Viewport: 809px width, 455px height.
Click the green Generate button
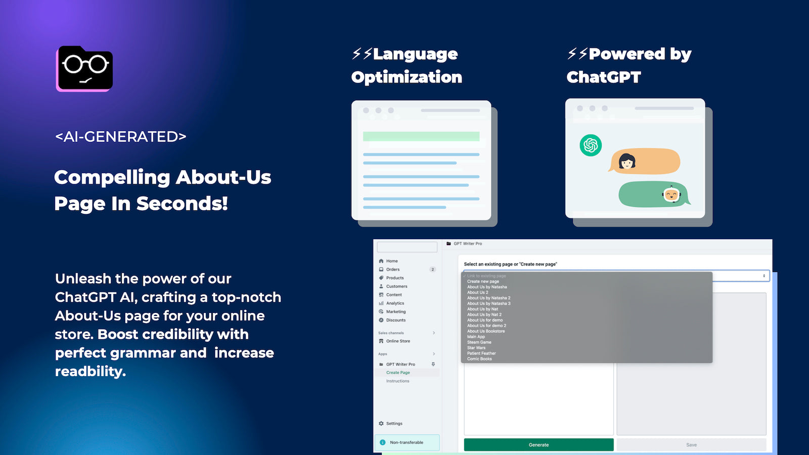(x=538, y=445)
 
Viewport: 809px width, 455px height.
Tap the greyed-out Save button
(x=691, y=445)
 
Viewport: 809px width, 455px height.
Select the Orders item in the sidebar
(x=393, y=269)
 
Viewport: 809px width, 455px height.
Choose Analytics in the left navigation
(x=395, y=303)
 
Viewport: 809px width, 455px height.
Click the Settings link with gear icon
(x=394, y=424)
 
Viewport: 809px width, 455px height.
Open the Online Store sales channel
(x=398, y=341)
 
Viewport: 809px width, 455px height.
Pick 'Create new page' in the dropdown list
(x=483, y=282)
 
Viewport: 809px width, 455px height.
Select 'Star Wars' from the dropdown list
(x=476, y=348)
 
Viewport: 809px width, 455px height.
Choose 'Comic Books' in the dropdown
(x=479, y=359)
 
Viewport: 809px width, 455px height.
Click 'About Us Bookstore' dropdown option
(x=486, y=331)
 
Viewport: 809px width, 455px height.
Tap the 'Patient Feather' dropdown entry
(x=481, y=353)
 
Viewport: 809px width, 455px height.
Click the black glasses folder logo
(x=84, y=69)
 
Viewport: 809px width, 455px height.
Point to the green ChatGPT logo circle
(x=591, y=146)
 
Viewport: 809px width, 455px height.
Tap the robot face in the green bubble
(x=671, y=194)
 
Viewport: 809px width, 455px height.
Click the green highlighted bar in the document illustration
(x=421, y=136)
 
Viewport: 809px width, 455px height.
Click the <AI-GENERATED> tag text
(x=121, y=136)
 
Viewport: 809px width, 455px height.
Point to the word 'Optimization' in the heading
(x=407, y=77)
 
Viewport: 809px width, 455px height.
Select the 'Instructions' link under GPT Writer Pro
(x=397, y=381)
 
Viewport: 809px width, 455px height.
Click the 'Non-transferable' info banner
(x=407, y=442)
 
